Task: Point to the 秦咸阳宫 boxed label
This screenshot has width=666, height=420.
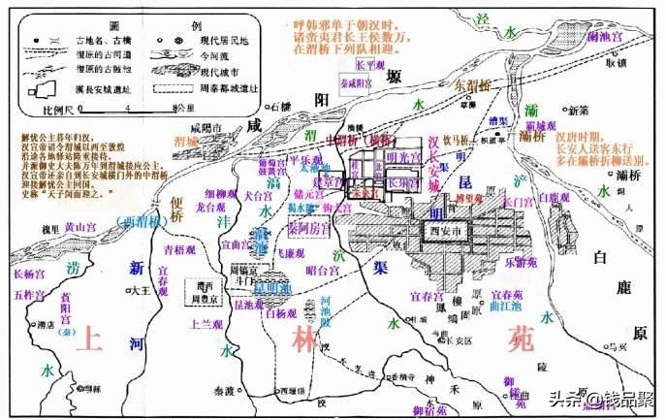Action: [358, 84]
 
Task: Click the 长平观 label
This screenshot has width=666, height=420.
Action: [369, 64]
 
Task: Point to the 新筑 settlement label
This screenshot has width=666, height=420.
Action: [578, 110]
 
